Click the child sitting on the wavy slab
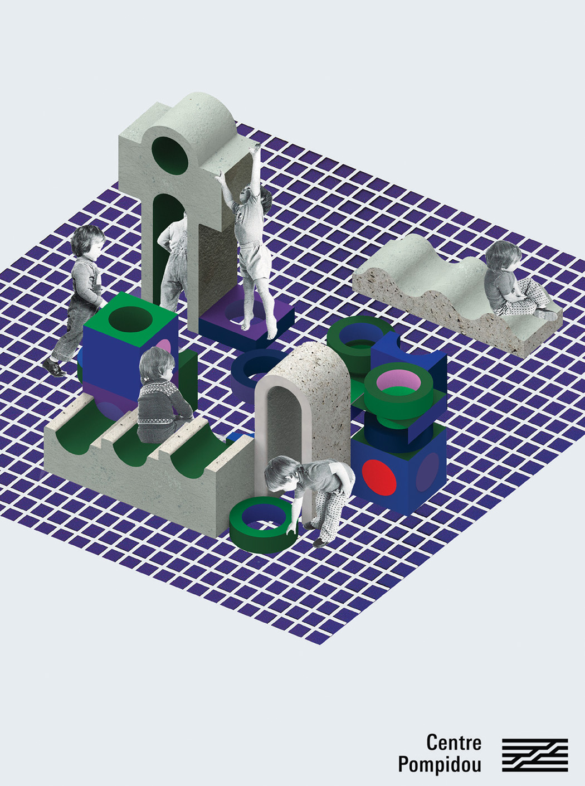click(514, 280)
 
